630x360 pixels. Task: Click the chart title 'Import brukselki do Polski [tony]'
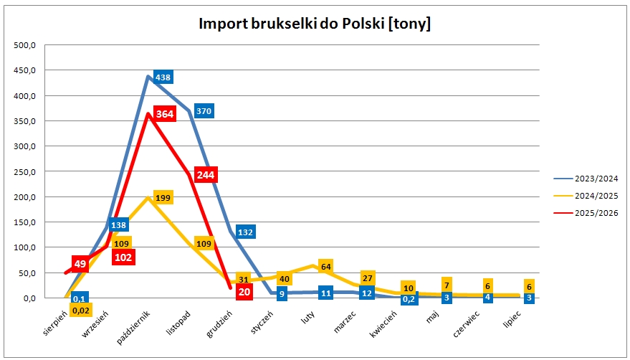(315, 24)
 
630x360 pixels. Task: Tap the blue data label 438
(163, 77)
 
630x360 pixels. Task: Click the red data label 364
(165, 115)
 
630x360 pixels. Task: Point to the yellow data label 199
(163, 196)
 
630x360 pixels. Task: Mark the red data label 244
(206, 175)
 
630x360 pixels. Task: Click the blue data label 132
(246, 232)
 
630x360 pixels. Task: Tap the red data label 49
(80, 264)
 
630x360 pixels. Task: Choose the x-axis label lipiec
(509, 322)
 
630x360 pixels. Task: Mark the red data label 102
(123, 257)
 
